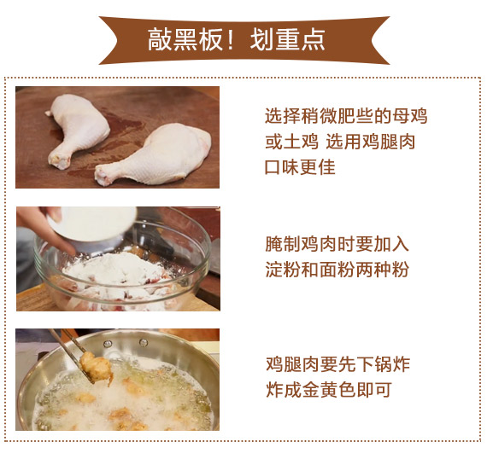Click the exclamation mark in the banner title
pyautogui.click(x=230, y=39)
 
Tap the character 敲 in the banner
pyautogui.click(x=160, y=39)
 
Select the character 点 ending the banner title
pyautogui.click(x=313, y=39)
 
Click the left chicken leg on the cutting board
pyautogui.click(x=78, y=130)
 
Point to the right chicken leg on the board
pyautogui.click(x=153, y=154)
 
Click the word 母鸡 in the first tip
pyautogui.click(x=410, y=116)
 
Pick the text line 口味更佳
pyautogui.click(x=300, y=167)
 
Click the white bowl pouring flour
pyautogui.click(x=93, y=225)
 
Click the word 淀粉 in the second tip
pyautogui.click(x=284, y=270)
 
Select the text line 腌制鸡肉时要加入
pyautogui.click(x=337, y=244)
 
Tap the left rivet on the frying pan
pyautogui.click(x=108, y=344)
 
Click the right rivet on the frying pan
pyautogui.click(x=144, y=343)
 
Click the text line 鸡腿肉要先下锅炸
pyautogui.click(x=338, y=364)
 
